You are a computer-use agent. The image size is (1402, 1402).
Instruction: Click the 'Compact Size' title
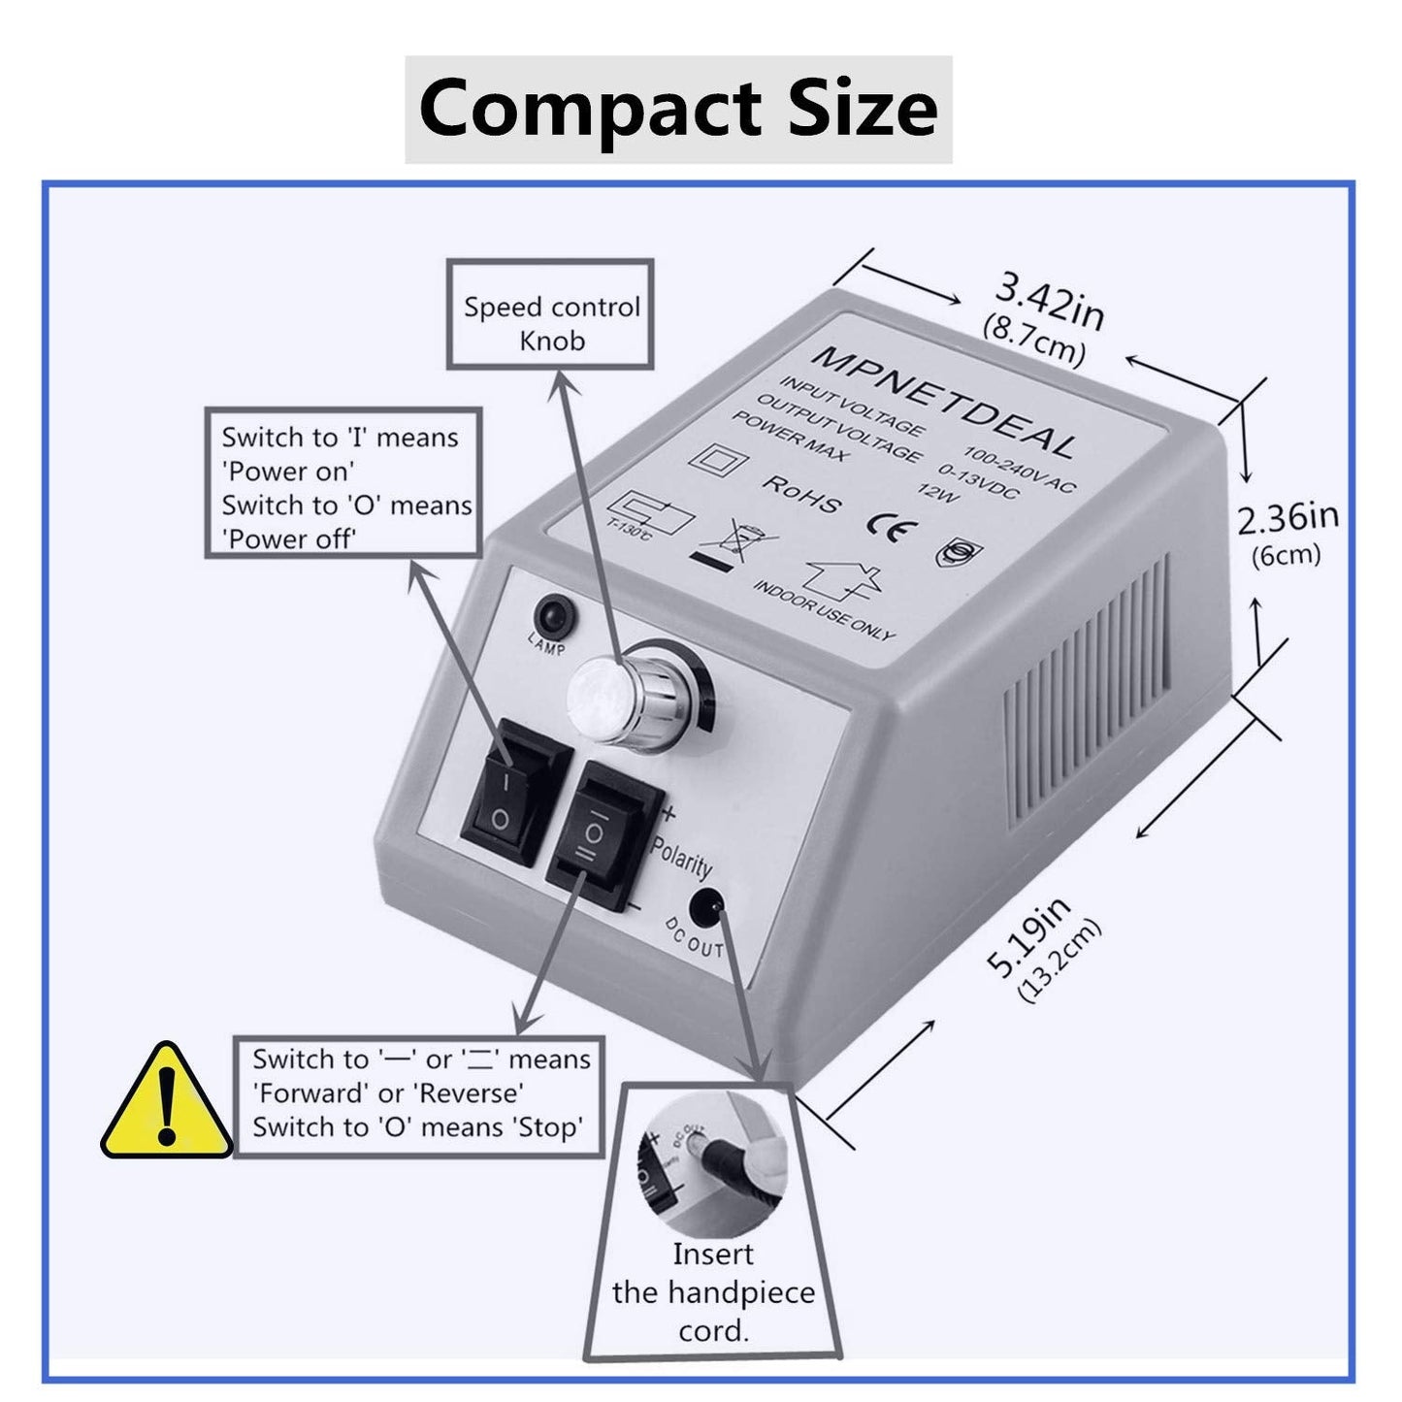(678, 109)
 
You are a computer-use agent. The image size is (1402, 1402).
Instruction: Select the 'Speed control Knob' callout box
(550, 314)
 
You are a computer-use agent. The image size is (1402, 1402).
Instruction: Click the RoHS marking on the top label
(801, 494)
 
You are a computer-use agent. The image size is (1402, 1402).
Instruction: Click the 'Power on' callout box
(343, 483)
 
